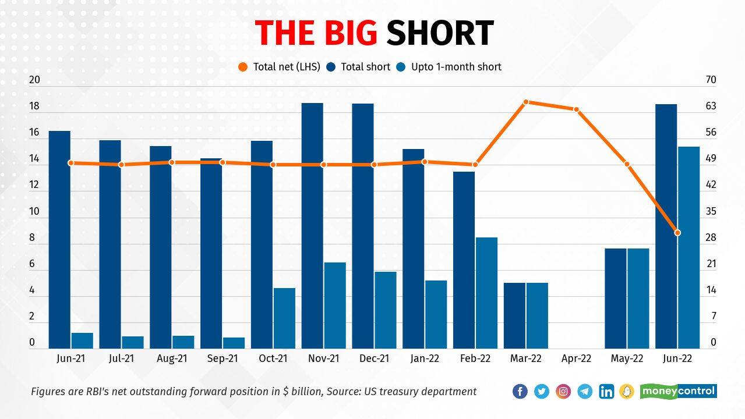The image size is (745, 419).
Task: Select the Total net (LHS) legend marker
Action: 243,67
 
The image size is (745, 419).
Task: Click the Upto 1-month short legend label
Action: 456,67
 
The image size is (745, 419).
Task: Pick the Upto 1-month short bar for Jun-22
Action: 688,247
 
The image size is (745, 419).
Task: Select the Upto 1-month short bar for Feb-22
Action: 486,293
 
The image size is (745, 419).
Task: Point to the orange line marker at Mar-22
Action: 526,102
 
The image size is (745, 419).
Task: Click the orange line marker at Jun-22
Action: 677,233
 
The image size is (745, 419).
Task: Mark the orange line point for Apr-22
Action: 577,109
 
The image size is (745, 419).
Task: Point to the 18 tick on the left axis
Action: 34,106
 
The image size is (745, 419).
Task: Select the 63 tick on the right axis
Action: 711,106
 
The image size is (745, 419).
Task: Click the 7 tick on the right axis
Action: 713,317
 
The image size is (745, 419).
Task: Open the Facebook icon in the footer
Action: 520,392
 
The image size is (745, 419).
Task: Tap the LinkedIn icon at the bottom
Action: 606,392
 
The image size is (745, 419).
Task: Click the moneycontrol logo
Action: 679,391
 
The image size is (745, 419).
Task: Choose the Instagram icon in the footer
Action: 563,392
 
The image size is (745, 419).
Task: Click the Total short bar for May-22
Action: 616,299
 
